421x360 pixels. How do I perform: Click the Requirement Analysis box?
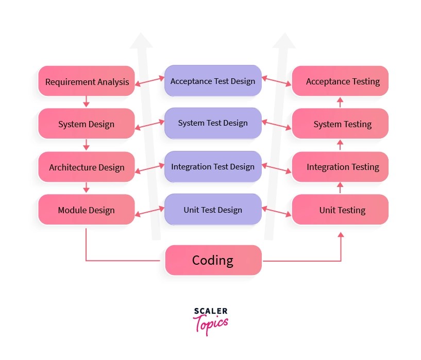pos(87,81)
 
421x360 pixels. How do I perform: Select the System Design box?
pos(87,124)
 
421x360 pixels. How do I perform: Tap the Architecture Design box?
pos(87,167)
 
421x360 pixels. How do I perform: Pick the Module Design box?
pos(87,210)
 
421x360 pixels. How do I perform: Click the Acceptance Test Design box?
pos(213,81)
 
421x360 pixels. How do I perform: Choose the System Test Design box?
pos(213,123)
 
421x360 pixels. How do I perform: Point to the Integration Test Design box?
pos(213,166)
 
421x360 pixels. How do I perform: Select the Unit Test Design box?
pos(213,210)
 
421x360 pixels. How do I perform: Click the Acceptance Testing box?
pos(340,81)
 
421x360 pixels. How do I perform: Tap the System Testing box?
pos(340,124)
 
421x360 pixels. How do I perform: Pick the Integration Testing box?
pos(340,167)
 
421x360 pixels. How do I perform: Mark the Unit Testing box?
pos(340,210)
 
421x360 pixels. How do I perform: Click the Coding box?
pos(213,260)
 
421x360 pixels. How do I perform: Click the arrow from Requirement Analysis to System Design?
pos(86,102)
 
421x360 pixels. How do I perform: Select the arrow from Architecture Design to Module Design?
pos(86,187)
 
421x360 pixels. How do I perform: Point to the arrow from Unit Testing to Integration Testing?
pos(340,188)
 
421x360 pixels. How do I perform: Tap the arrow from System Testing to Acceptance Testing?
pos(340,102)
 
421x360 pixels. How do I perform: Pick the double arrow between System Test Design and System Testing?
pos(277,124)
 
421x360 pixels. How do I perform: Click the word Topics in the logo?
pos(211,324)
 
